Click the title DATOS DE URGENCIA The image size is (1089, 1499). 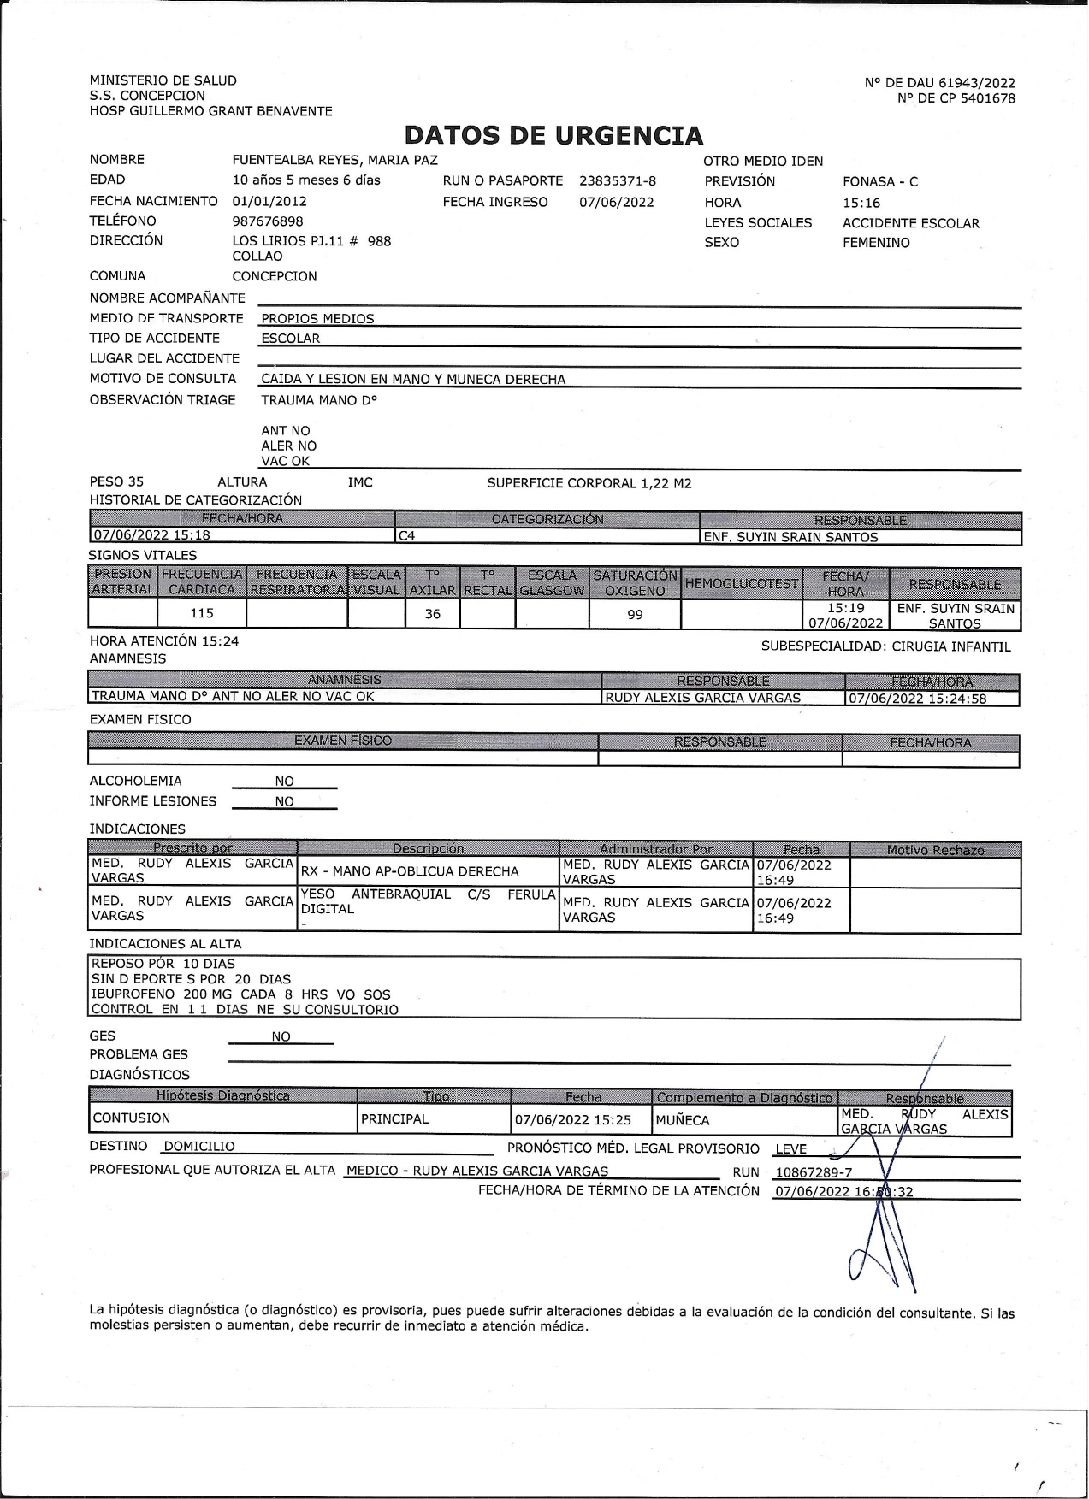553,135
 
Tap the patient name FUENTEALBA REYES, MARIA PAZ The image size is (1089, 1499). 334,160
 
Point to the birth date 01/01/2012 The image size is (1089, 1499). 269,201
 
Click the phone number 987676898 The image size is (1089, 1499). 268,221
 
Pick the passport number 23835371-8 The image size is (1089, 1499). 618,180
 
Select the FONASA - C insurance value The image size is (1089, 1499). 880,181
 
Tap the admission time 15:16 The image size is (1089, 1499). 861,203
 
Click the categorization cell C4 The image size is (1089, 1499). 406,537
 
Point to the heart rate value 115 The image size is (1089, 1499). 202,613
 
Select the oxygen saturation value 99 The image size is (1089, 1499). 635,614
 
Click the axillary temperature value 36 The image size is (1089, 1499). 433,614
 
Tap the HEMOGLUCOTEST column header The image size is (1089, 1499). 742,583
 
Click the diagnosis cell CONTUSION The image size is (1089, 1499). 132,1118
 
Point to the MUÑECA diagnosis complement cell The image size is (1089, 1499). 683,1119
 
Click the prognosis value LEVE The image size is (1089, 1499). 790,1149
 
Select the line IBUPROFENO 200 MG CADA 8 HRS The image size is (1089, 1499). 240,994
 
